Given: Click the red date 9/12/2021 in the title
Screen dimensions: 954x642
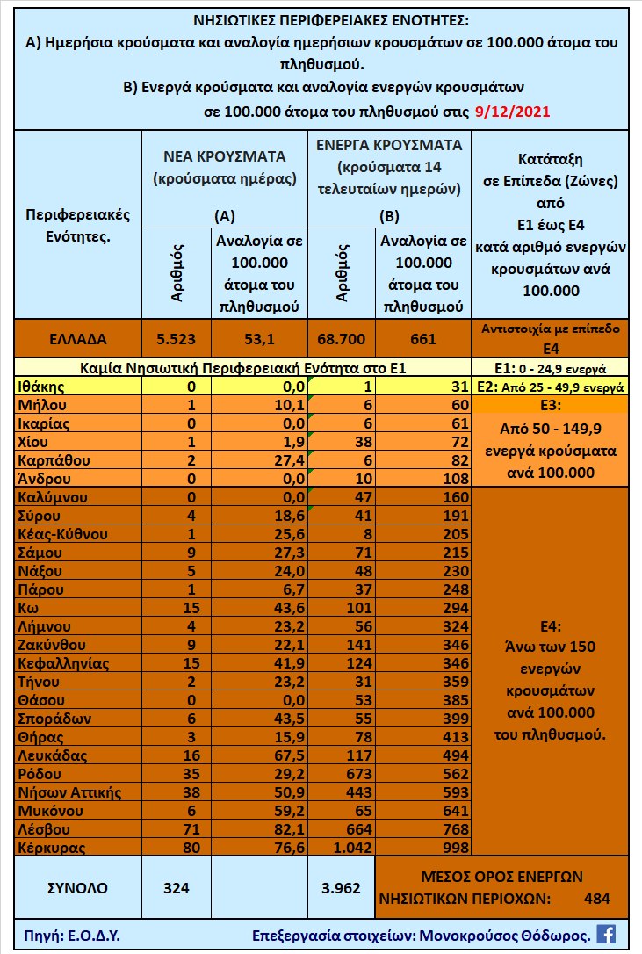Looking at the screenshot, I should tap(512, 112).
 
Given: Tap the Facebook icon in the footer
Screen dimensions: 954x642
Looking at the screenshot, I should tap(606, 934).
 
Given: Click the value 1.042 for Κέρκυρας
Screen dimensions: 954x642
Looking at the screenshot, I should tap(343, 848).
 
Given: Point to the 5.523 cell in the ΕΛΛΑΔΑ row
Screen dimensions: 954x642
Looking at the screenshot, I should tap(177, 338).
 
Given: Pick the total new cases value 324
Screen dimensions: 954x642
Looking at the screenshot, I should tap(177, 887).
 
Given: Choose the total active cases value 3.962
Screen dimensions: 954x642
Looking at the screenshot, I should tap(342, 887).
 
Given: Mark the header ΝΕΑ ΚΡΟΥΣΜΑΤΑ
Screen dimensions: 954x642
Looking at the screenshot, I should tap(225, 156).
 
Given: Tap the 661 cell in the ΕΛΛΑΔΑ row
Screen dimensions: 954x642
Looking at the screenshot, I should tap(423, 338).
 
